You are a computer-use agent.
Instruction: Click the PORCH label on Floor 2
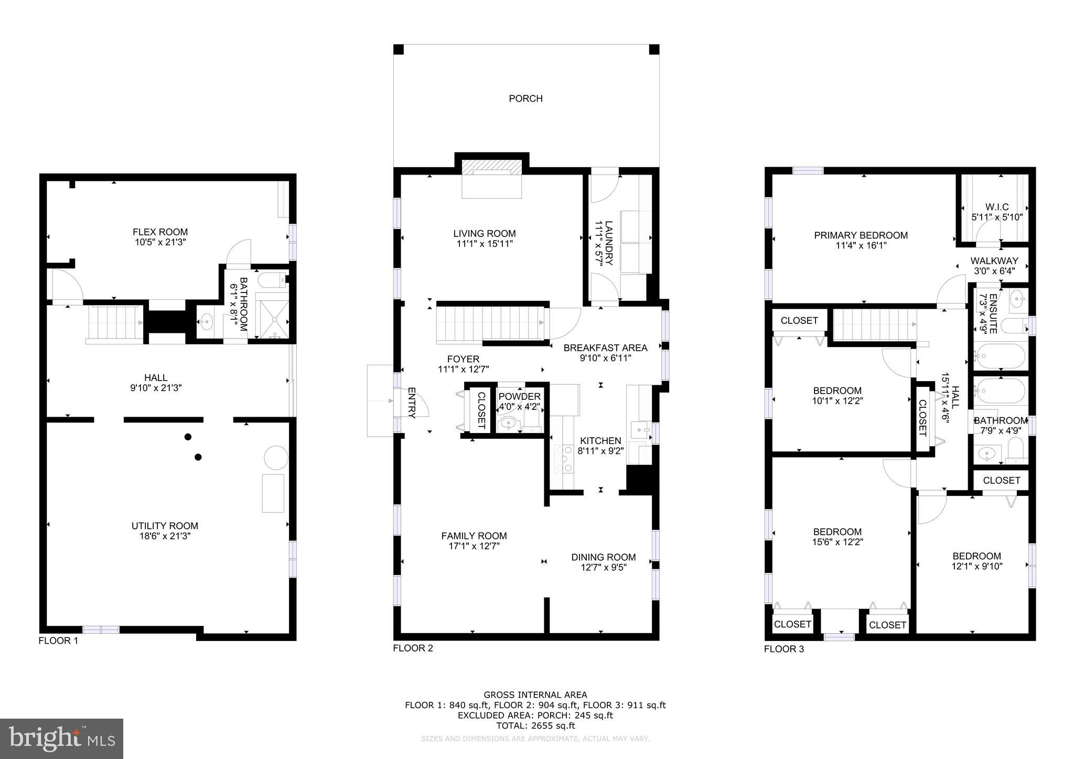[x=525, y=99]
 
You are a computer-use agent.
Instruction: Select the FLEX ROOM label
[x=160, y=232]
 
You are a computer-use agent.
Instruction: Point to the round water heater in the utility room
[x=276, y=458]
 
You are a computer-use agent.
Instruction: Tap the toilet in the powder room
[x=531, y=419]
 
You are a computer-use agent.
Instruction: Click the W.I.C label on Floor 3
[x=996, y=207]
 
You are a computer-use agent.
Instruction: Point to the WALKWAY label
[x=994, y=261]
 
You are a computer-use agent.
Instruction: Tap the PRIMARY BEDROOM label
[x=861, y=235]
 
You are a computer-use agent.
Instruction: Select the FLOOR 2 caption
[x=413, y=648]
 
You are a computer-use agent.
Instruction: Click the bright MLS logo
[x=62, y=739]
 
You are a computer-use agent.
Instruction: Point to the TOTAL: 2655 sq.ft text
[x=535, y=726]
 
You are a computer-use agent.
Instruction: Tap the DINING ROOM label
[x=603, y=557]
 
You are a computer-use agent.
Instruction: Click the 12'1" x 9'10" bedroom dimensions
[x=976, y=566]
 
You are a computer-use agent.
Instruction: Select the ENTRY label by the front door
[x=412, y=403]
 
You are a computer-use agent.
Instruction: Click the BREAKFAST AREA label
[x=605, y=348]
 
